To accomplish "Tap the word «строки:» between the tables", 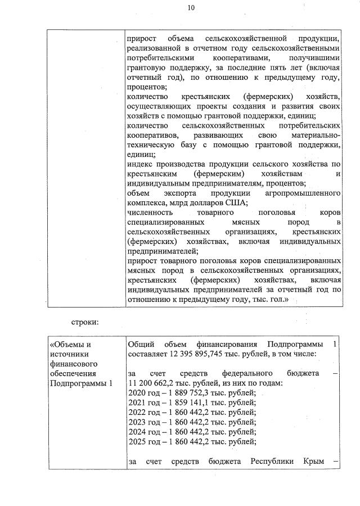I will point(85,322).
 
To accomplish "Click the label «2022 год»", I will point(143,414).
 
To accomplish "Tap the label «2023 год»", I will point(143,424).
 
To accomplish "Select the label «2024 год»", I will point(143,434).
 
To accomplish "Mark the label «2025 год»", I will point(143,444).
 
